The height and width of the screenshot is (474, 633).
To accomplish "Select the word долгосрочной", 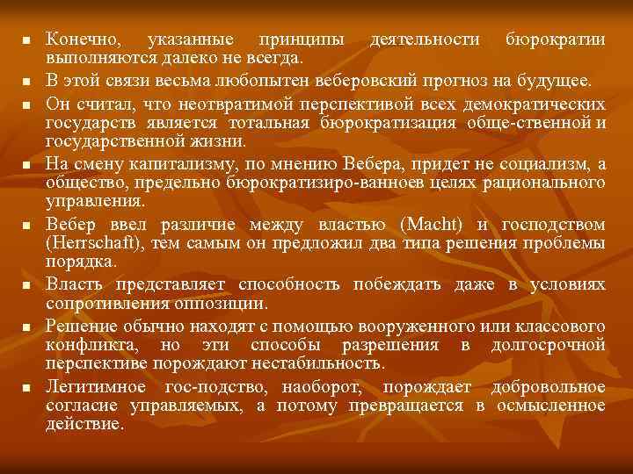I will [549, 343].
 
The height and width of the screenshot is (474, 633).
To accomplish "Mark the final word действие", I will [84, 423].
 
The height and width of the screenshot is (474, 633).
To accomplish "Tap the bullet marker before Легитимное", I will [26, 388].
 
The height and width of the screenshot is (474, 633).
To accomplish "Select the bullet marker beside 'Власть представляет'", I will [26, 286].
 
